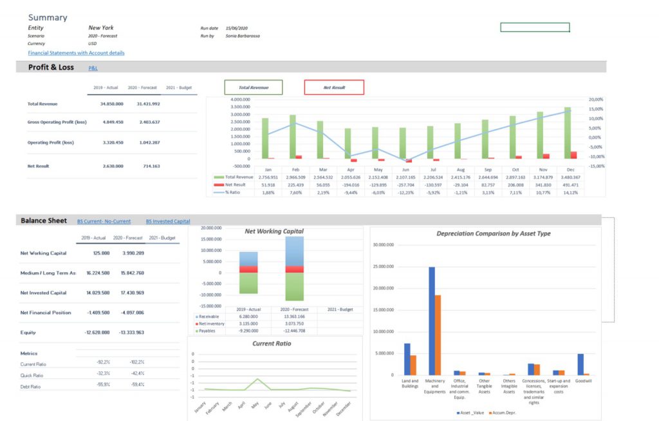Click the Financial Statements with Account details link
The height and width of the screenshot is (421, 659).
[x=76, y=53]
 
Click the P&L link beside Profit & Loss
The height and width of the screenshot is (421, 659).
[x=93, y=68]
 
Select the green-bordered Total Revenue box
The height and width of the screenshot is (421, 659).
[x=253, y=87]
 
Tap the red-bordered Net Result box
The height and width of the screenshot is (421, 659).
[x=334, y=87]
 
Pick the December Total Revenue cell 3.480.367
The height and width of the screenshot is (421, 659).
[x=570, y=177]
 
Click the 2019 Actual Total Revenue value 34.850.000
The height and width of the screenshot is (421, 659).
[x=112, y=104]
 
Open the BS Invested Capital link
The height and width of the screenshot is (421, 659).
[x=167, y=221]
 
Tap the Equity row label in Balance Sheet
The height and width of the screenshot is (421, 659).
[x=28, y=333]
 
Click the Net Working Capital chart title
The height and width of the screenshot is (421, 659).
[x=275, y=231]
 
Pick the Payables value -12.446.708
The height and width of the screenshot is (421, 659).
[x=294, y=331]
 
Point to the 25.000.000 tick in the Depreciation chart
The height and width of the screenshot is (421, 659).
[x=383, y=266]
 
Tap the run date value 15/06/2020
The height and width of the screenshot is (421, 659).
[x=237, y=28]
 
